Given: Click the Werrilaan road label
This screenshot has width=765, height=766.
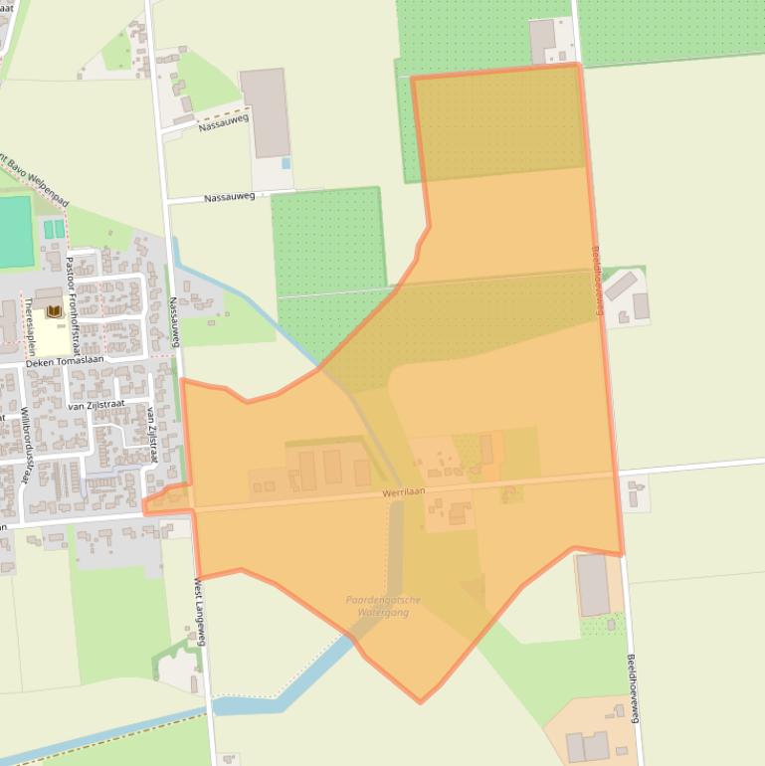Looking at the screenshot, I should pyautogui.click(x=404, y=492).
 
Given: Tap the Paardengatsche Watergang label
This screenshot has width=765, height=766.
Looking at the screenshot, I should pyautogui.click(x=383, y=606).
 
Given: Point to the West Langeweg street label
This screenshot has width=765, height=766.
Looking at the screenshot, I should pyautogui.click(x=200, y=612).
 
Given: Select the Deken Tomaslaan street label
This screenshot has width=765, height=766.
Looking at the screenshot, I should pyautogui.click(x=65, y=361).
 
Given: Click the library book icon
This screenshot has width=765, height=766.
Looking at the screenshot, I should pyautogui.click(x=54, y=312).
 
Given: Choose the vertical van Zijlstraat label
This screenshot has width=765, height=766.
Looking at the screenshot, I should pyautogui.click(x=152, y=434).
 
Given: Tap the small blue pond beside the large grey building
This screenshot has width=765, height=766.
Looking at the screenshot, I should pyautogui.click(x=287, y=163).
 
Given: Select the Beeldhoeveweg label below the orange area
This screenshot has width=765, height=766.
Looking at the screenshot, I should pyautogui.click(x=632, y=687).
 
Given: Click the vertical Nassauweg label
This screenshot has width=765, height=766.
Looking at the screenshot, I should pyautogui.click(x=174, y=321).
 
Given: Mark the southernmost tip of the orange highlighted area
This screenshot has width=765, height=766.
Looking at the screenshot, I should pyautogui.click(x=420, y=702).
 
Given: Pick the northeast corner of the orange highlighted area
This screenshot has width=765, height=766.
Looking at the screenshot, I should pyautogui.click(x=578, y=66).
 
